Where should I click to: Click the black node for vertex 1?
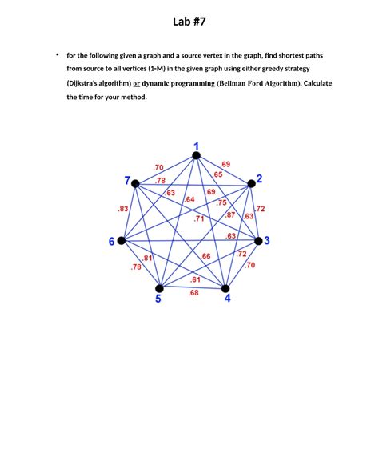click(196, 156)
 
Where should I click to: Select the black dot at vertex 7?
click(135, 183)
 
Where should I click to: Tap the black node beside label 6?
click(121, 240)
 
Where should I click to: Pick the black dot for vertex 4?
click(226, 288)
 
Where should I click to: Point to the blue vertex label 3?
click(267, 240)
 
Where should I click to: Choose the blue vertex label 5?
click(158, 299)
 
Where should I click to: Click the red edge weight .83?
click(123, 209)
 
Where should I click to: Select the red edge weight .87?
click(230, 214)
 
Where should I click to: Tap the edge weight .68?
click(193, 293)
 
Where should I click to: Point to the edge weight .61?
click(195, 279)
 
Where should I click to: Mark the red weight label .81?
click(148, 258)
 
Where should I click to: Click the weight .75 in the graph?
click(221, 202)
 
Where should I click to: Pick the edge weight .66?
click(205, 256)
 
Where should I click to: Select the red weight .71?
click(199, 218)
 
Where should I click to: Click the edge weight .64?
click(189, 199)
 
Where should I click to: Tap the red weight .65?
click(217, 174)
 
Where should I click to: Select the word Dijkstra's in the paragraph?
click(88, 82)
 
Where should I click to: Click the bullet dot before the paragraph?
click(57, 54)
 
